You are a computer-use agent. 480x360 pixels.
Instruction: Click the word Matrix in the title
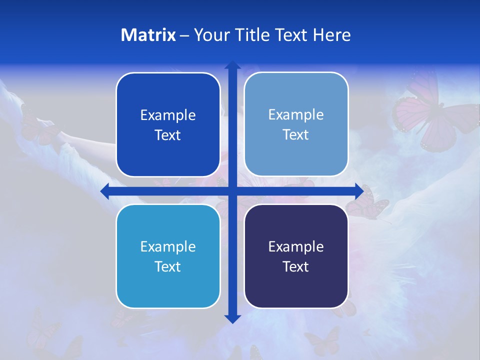point(148,35)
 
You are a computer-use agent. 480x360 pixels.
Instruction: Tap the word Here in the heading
point(331,35)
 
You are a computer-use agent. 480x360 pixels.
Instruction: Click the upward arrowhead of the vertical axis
point(232,65)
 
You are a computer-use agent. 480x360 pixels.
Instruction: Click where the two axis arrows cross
point(232,191)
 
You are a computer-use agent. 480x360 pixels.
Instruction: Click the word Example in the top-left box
point(168,115)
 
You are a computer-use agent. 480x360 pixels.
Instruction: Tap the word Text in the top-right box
point(296,135)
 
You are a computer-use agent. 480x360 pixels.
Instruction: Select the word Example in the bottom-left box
point(168,247)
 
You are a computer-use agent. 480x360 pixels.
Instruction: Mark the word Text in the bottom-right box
point(296,267)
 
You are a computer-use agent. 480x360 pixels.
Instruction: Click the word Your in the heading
point(210,35)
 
